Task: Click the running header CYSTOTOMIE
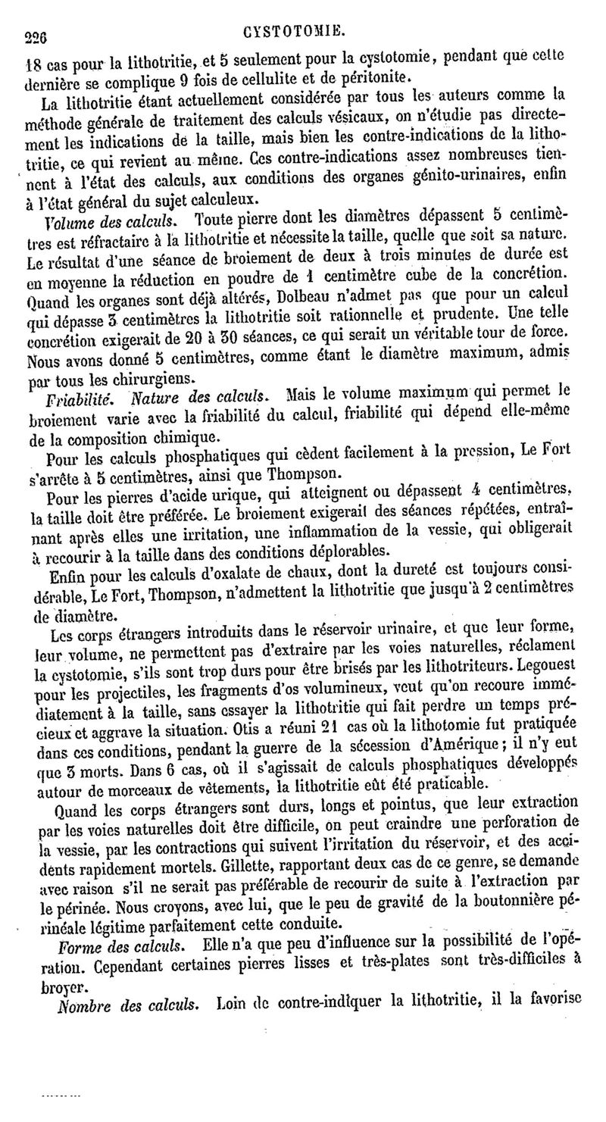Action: [295, 33]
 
